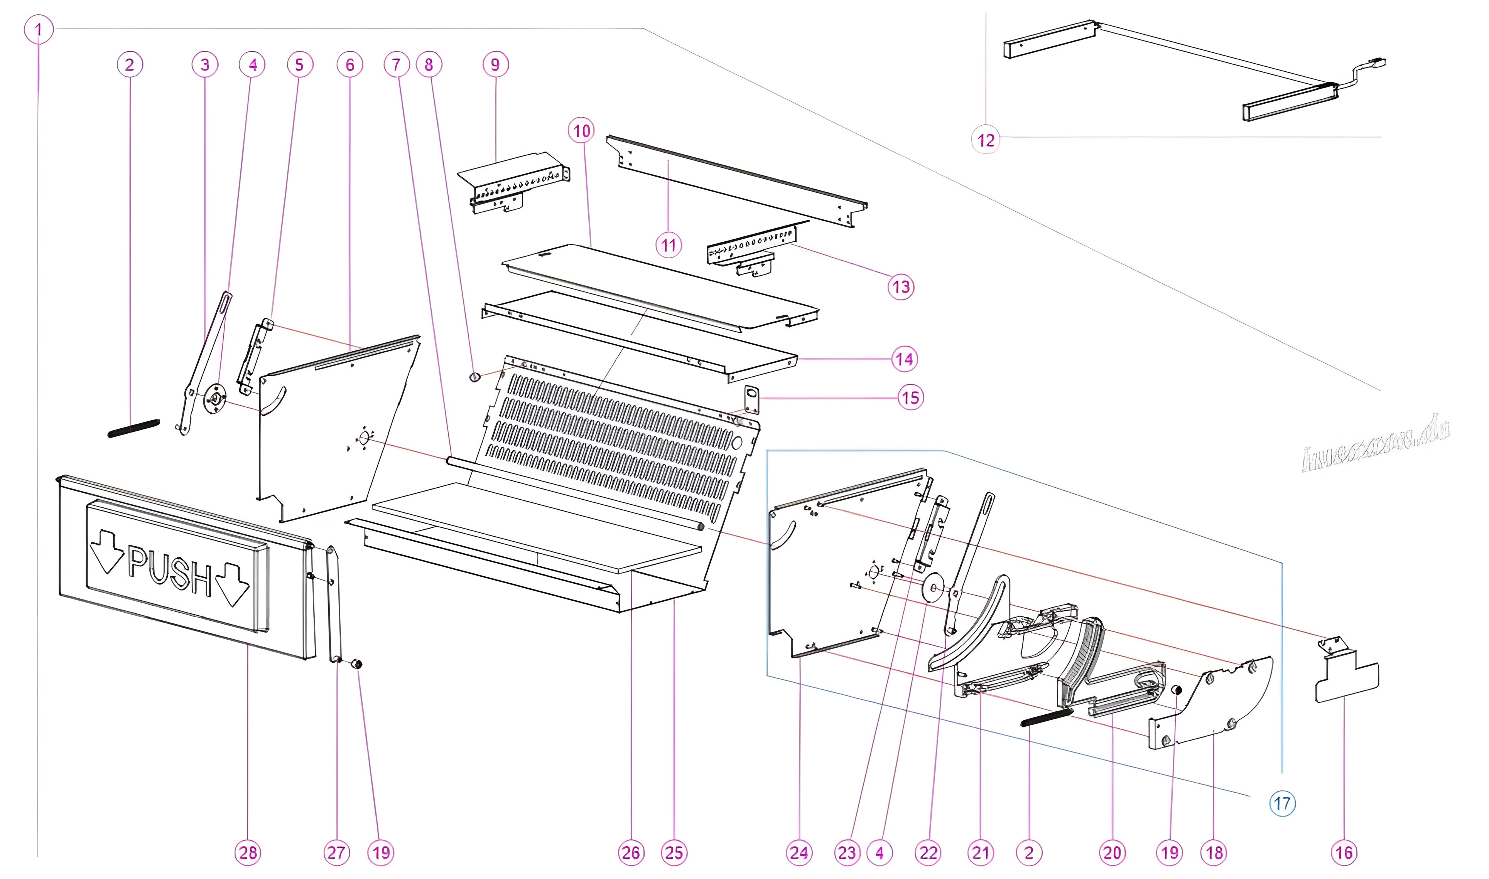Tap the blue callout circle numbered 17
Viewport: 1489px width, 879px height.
point(1282,804)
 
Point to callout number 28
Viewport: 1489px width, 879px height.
point(248,853)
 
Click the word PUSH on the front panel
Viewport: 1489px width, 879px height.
point(170,572)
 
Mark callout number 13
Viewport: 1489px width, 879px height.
point(901,287)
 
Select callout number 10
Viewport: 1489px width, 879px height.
point(582,131)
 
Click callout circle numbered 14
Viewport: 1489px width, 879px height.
point(904,359)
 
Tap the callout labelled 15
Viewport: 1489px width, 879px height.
point(911,397)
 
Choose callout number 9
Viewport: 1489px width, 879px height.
point(495,64)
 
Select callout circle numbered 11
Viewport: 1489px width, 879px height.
point(669,245)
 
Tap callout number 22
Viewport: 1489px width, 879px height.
point(929,853)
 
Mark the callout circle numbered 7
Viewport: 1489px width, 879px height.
point(397,64)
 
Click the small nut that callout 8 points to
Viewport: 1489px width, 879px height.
point(474,377)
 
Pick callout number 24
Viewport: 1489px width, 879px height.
point(799,853)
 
